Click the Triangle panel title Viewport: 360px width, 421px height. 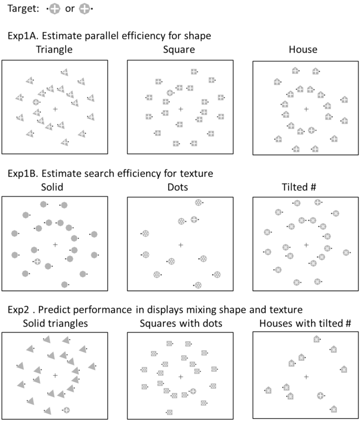click(55, 51)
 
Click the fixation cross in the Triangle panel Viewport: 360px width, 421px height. click(55, 109)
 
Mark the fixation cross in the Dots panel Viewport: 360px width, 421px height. click(181, 245)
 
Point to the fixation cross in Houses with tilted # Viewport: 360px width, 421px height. click(306, 377)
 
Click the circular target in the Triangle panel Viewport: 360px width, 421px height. click(36, 102)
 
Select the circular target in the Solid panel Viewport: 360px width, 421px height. click(37, 261)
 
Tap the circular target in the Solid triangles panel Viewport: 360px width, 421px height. click(66, 409)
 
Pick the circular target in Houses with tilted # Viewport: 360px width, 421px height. click(320, 395)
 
